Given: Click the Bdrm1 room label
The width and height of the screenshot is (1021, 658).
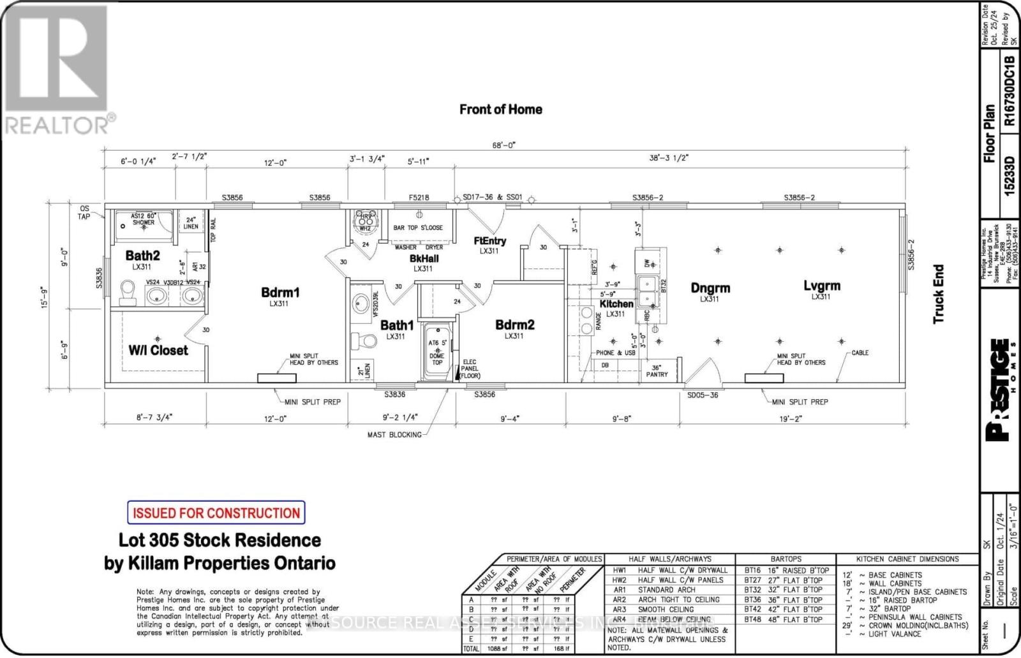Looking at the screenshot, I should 280,293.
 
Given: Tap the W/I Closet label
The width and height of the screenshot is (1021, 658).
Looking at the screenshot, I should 158,350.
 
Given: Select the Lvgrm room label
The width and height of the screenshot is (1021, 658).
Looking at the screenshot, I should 821,286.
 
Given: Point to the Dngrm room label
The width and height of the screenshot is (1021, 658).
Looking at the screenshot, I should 710,288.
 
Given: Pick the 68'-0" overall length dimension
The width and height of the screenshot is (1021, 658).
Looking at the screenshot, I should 500,145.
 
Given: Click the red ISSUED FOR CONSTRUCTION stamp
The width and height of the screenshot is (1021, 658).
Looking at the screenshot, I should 216,513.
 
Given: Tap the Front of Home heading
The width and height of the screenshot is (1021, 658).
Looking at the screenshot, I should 500,109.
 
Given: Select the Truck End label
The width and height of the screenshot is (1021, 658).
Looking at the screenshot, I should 938,294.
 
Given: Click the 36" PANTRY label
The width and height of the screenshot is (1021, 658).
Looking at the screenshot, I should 657,370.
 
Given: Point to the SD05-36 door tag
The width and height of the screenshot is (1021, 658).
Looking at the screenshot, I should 703,395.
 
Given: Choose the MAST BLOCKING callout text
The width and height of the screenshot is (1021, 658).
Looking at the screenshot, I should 394,435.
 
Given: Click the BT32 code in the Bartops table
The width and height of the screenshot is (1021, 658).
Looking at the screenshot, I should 752,590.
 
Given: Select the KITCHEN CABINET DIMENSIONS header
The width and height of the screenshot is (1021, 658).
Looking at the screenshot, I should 907,559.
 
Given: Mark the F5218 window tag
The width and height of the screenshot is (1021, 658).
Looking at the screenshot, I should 419,198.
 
